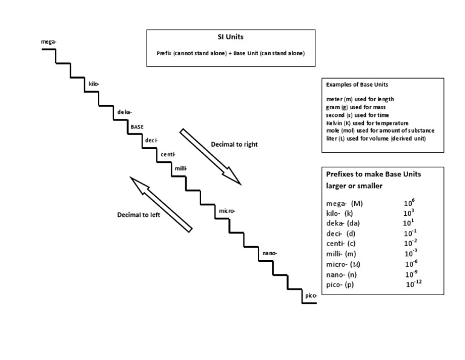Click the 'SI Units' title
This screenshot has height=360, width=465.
pyautogui.click(x=231, y=37)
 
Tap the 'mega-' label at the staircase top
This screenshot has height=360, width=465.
pyautogui.click(x=48, y=41)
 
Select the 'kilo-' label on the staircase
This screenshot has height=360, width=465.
pyautogui.click(x=94, y=84)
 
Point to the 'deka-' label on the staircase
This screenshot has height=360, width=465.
pyautogui.click(x=124, y=112)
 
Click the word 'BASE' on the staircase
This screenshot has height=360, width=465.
pyautogui.click(x=137, y=127)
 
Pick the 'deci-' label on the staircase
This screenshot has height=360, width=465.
pyautogui.click(x=151, y=141)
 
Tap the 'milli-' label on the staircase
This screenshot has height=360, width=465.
pyautogui.click(x=181, y=168)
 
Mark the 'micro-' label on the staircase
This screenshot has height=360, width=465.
pyautogui.click(x=227, y=210)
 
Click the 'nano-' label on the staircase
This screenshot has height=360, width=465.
pyautogui.click(x=269, y=253)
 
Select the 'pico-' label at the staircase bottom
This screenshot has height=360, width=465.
pyautogui.click(x=311, y=295)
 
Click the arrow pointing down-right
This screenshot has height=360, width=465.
pyautogui.click(x=211, y=156)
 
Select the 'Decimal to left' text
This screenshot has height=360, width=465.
pyautogui.click(x=139, y=215)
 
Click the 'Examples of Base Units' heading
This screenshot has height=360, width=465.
pyautogui.click(x=357, y=84)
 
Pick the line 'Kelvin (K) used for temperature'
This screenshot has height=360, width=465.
pyautogui.click(x=367, y=122)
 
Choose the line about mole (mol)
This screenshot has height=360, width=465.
pyautogui.click(x=380, y=130)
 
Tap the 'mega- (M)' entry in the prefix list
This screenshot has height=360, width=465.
pyautogui.click(x=345, y=204)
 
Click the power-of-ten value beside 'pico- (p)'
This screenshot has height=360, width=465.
pyautogui.click(x=414, y=284)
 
